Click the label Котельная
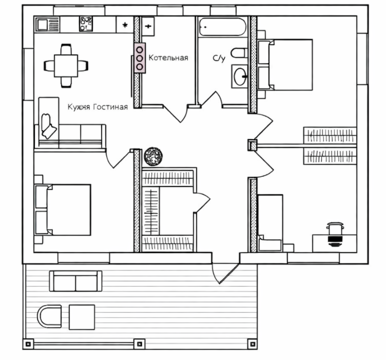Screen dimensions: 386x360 (x=168, y=58)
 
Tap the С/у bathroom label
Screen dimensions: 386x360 (x=219, y=59)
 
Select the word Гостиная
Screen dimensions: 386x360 (x=110, y=107)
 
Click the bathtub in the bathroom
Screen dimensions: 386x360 (x=223, y=27)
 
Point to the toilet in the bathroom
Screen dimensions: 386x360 (x=239, y=53)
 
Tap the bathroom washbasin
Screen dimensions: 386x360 (x=240, y=77)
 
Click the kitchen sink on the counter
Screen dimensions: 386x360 (x=47, y=25)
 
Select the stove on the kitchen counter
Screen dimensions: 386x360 (x=86, y=24)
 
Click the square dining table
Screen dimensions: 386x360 (x=66, y=66)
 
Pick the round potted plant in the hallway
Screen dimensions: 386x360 (x=153, y=156)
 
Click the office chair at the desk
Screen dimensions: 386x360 (x=335, y=234)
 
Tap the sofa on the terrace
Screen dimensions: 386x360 (x=75, y=281)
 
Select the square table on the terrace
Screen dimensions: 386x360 (x=82, y=317)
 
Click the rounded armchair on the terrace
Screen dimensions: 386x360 (x=49, y=316)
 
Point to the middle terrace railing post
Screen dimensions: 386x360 (x=139, y=344)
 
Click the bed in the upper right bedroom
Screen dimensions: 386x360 (x=285, y=65)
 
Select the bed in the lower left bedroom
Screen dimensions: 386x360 (x=63, y=210)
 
